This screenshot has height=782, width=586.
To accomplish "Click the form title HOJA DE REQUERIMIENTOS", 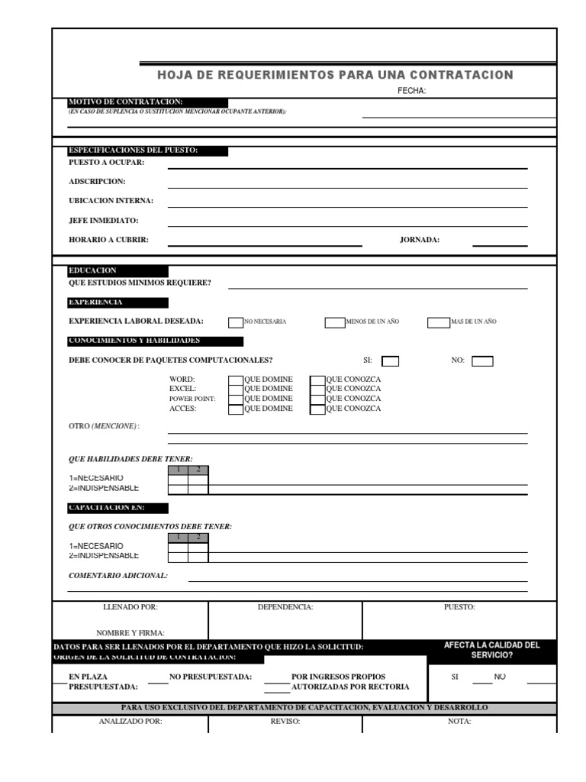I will click(x=335, y=75).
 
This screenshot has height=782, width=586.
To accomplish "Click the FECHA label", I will click(x=411, y=91).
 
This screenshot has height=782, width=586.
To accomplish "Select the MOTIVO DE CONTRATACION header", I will click(x=126, y=102).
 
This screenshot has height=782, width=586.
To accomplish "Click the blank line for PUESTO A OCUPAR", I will click(x=347, y=167).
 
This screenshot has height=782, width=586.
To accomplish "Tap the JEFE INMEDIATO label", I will click(x=104, y=221).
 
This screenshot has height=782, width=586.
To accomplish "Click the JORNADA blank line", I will click(x=500, y=245).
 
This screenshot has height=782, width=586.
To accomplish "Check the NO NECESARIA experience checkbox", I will click(x=236, y=322).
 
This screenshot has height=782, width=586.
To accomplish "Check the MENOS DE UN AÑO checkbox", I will click(x=335, y=322).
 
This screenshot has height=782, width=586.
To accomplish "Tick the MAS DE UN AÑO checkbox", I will click(x=438, y=322).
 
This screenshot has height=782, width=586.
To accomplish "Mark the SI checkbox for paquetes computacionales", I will click(x=390, y=361).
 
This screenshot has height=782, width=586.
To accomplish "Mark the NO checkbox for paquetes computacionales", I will click(x=482, y=361).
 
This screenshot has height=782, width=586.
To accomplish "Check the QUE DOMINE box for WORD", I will click(x=236, y=380).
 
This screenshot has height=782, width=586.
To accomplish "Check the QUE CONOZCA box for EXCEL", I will click(x=317, y=389).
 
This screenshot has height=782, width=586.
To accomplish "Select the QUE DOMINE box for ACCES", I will click(x=236, y=409).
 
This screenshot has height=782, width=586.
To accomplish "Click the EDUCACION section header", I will click(x=93, y=271).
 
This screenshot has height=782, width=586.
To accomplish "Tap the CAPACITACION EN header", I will click(x=107, y=508).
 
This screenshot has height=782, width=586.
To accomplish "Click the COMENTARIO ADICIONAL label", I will click(x=118, y=576).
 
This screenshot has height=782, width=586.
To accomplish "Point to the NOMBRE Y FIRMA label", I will click(x=130, y=633).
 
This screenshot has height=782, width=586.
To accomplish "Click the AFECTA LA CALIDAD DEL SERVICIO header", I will click(x=491, y=651).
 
